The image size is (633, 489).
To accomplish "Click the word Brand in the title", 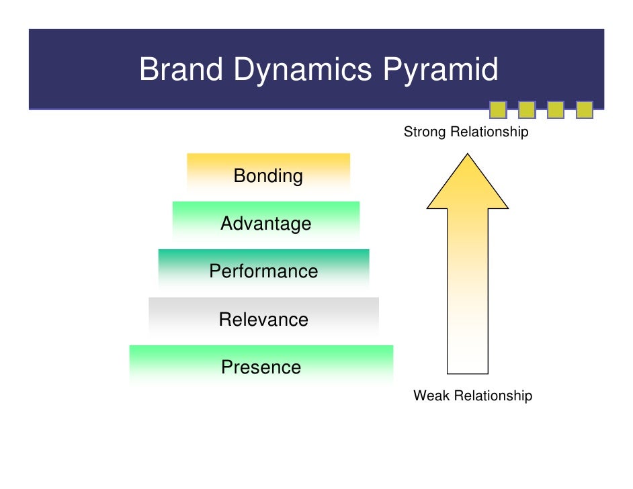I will pos(181,70).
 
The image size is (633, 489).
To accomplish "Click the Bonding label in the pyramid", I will pos(268,176).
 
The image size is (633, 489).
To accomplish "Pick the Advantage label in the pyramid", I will pos(265,224).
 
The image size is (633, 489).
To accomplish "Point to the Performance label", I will pos(263,271).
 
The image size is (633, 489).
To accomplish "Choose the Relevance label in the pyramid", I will pos(263,319).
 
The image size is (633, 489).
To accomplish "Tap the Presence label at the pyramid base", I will pos(261,367).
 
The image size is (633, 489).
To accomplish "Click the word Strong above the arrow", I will pos(424,132).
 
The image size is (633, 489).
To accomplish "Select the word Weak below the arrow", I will pos(431,396).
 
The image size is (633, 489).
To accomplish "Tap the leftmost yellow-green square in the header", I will pos(498,109).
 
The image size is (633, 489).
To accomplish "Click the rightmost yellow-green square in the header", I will pos(585,109).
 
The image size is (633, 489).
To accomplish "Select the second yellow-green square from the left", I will pos(527,109).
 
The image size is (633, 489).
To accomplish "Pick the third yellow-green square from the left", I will pos(556,109).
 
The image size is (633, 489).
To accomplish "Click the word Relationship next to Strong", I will pos(489,132).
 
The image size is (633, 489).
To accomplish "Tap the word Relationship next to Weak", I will pos(493,396).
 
